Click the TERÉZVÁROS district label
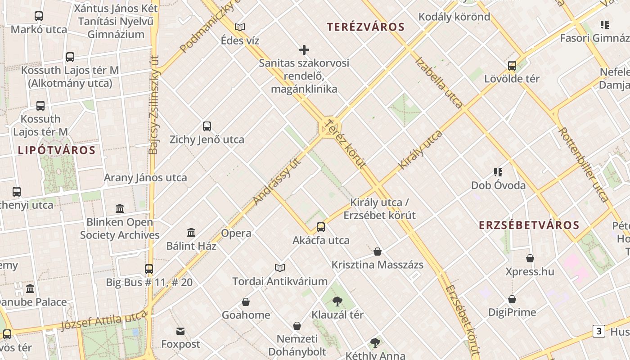point(366,27)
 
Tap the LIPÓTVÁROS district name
point(57,150)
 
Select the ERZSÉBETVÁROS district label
point(529,225)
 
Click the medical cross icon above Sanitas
point(304,50)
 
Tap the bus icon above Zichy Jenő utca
point(207,126)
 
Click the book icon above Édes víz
point(240,27)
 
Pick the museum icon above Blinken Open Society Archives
point(120,209)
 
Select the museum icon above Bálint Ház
point(191,233)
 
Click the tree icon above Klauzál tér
point(337,301)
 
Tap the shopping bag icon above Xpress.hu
point(530,259)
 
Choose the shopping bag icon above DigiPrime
point(512,299)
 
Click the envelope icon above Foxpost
point(180,332)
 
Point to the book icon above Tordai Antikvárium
point(280,268)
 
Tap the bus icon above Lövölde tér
point(512,66)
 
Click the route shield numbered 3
point(598,331)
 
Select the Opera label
point(236,233)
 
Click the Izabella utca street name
point(439,82)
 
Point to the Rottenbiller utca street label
point(584,164)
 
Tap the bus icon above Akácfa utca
point(321,227)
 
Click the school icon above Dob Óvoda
point(498,172)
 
